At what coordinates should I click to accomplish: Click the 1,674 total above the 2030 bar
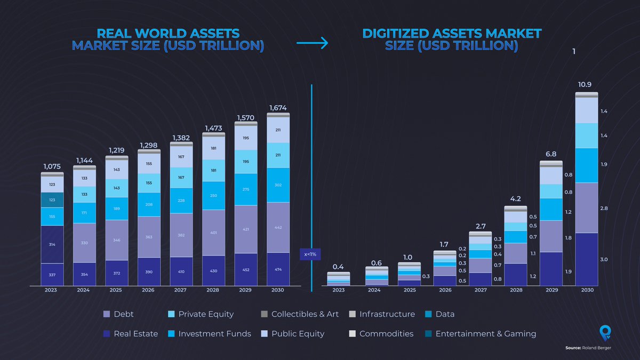click(278, 108)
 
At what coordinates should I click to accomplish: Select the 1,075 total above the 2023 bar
click(52, 167)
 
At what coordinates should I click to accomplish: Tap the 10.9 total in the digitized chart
click(585, 85)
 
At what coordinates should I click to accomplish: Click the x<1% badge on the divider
click(310, 254)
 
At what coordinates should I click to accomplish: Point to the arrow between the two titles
click(312, 45)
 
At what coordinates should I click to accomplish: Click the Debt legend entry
click(119, 314)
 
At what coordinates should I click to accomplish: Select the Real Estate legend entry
click(131, 333)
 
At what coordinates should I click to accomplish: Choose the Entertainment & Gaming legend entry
click(480, 333)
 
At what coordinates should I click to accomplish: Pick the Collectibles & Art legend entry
click(299, 314)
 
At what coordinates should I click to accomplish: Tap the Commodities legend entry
click(381, 333)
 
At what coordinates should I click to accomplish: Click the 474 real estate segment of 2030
click(278, 269)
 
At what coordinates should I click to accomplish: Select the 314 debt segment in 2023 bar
click(52, 244)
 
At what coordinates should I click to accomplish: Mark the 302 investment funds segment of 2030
click(278, 185)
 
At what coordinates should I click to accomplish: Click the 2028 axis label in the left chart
click(213, 291)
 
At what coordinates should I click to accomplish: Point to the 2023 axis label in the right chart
click(339, 291)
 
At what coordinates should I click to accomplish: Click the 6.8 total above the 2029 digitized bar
click(550, 154)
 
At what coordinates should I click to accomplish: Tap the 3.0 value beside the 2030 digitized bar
click(604, 260)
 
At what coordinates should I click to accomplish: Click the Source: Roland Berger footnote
click(588, 348)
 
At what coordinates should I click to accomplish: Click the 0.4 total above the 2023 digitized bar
click(339, 267)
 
